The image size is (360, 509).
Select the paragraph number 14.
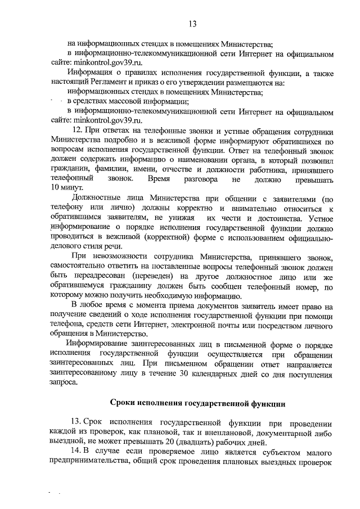(x=76, y=452)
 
